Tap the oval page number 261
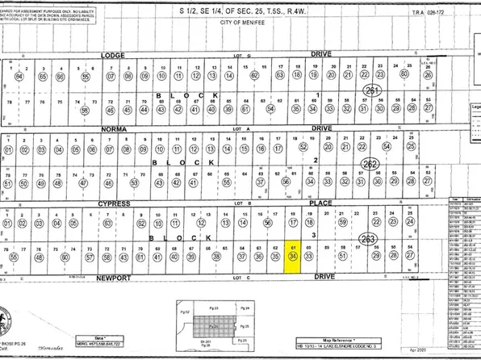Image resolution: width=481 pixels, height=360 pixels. tap(371, 90)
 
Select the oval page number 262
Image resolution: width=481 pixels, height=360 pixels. tap(370, 164)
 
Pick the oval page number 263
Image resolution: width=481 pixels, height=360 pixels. tap(369, 238)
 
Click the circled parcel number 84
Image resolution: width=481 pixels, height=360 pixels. tap(18, 76)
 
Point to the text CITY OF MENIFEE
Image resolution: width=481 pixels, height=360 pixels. tap(240, 25)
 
